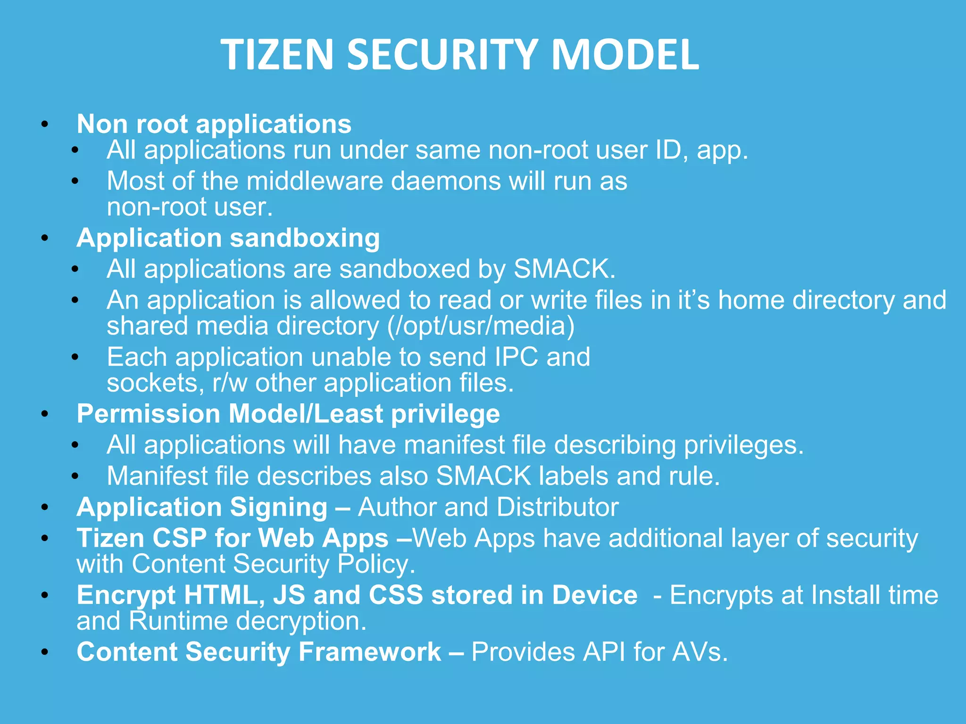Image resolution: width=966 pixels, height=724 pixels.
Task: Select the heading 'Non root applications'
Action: [214, 124]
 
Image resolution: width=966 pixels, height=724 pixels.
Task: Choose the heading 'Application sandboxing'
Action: [228, 238]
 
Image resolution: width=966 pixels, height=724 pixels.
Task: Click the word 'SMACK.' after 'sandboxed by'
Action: [565, 269]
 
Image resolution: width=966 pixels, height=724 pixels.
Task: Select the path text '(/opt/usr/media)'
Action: [481, 326]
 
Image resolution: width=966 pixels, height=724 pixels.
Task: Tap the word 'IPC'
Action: [516, 357]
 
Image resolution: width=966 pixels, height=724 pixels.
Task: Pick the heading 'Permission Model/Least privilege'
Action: [288, 414]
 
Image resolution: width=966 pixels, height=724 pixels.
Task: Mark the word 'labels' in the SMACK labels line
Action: [574, 476]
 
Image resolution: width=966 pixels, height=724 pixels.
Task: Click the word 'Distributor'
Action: [558, 507]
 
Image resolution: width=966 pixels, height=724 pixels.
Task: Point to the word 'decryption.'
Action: [301, 621]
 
